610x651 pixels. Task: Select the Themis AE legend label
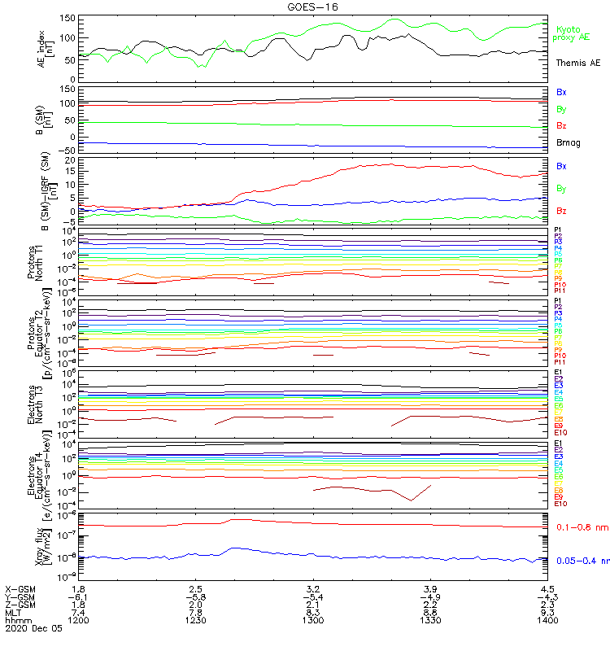click(577, 63)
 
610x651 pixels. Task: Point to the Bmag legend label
click(569, 143)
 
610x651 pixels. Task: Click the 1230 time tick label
click(196, 620)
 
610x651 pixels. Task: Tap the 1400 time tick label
click(547, 620)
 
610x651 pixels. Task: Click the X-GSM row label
click(20, 588)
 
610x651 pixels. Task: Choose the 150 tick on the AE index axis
click(68, 18)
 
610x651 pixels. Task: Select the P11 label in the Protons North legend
click(559, 291)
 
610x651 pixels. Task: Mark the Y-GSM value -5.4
click(313, 596)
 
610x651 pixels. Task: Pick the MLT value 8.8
click(430, 612)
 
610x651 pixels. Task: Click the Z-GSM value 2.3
click(547, 605)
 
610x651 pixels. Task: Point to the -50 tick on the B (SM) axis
click(68, 151)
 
